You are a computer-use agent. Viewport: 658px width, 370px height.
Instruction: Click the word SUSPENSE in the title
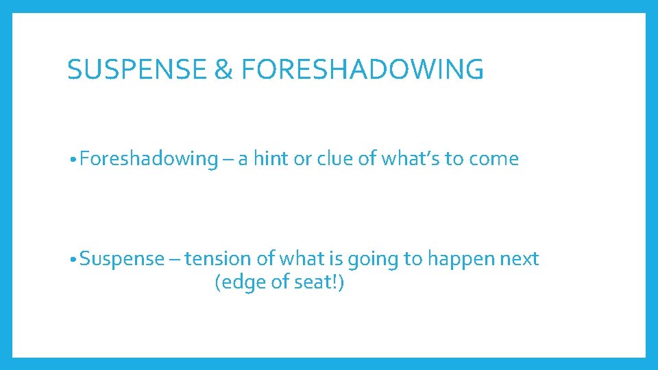point(136,69)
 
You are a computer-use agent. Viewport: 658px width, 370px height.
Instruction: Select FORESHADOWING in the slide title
point(363,69)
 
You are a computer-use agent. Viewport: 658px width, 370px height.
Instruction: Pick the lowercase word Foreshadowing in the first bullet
point(147,159)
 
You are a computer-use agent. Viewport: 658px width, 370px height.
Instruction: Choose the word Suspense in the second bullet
point(122,259)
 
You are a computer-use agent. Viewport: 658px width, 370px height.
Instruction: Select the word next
point(521,259)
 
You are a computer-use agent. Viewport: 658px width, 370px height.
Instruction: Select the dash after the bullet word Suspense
point(175,260)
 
